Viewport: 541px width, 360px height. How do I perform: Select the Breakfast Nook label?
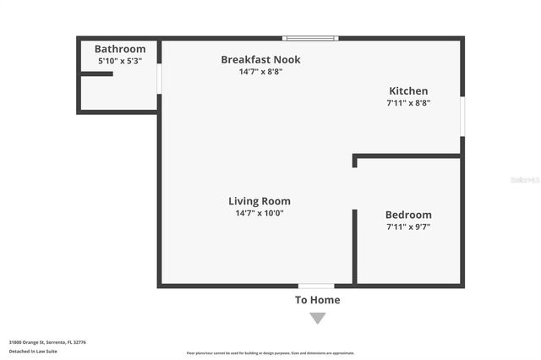tap(260, 59)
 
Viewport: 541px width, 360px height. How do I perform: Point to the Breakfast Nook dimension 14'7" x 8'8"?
tap(260, 72)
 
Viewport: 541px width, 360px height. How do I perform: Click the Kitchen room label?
tap(408, 91)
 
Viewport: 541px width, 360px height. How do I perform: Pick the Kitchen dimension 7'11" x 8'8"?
tap(408, 103)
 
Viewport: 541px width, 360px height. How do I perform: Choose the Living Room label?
tap(260, 201)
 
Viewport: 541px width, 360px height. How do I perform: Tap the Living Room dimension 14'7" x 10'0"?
tap(260, 213)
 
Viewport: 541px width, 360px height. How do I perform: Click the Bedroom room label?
tap(408, 215)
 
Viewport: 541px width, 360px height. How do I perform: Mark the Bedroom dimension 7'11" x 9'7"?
tap(408, 226)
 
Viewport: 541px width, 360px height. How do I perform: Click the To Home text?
tap(317, 300)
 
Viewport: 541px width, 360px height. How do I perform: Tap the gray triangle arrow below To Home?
tap(317, 318)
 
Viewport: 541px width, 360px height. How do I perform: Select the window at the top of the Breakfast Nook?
tap(310, 38)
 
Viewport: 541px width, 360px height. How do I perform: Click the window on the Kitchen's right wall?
tap(462, 116)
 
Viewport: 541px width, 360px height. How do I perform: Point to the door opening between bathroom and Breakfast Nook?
tap(159, 79)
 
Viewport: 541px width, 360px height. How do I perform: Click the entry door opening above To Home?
tap(316, 286)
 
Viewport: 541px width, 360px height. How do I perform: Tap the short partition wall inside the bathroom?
tap(96, 74)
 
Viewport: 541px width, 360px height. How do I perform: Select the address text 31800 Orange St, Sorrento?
tap(47, 342)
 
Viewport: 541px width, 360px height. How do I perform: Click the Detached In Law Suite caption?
tap(33, 351)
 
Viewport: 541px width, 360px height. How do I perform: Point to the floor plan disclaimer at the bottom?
tap(270, 353)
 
